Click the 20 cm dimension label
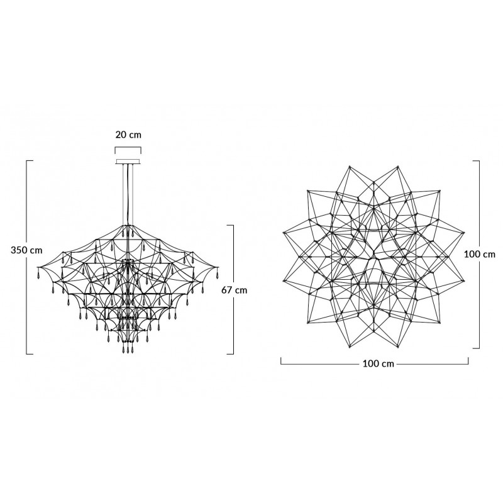(x=128, y=135)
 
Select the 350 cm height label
(x=26, y=250)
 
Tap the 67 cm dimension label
(x=235, y=290)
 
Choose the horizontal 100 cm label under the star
(x=379, y=364)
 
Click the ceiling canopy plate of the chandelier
(x=128, y=162)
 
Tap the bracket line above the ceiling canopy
(x=128, y=148)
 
